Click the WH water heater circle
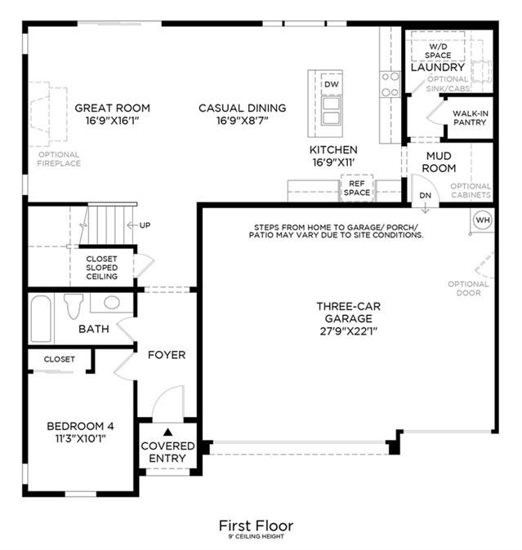pos(483,220)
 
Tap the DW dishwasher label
pos(332,84)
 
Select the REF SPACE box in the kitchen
pos(357,188)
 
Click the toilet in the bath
pos(74,306)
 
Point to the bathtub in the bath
pos(41,318)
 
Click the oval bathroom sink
pos(112,303)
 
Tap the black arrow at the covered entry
pos(167,432)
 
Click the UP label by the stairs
pos(145,225)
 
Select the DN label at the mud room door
pos(425,195)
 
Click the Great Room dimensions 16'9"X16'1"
pos(113,121)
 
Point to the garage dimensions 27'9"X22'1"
pos(349,331)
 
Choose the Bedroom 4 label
pos(80,426)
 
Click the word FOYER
pos(167,355)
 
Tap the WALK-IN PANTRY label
pos(470,118)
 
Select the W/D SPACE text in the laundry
pos(438,51)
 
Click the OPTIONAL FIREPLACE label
pos(59,159)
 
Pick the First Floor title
pos(256,526)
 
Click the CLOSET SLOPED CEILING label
pos(102,268)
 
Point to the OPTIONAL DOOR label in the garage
pos(468,288)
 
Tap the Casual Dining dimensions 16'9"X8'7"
pos(243,121)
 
